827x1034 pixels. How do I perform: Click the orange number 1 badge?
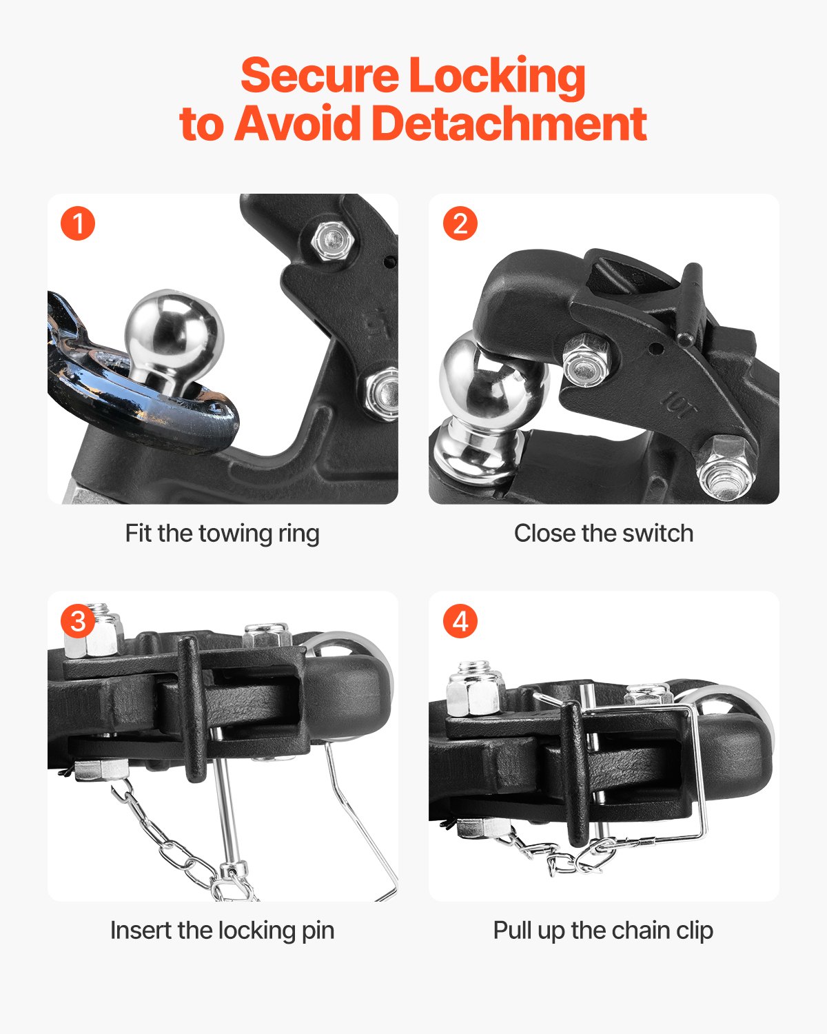(x=78, y=223)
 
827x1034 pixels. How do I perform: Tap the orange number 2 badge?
(x=460, y=223)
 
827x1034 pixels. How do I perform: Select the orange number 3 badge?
(x=78, y=621)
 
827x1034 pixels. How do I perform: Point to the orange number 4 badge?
(x=460, y=621)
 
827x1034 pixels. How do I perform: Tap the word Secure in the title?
(x=320, y=75)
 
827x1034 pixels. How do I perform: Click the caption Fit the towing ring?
(x=222, y=534)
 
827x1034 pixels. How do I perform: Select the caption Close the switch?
(x=604, y=534)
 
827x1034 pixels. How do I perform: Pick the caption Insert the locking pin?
(x=222, y=931)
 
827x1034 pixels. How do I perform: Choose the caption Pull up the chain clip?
(x=603, y=931)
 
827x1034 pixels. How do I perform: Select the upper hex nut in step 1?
(x=333, y=241)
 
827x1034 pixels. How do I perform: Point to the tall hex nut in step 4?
(x=475, y=687)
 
